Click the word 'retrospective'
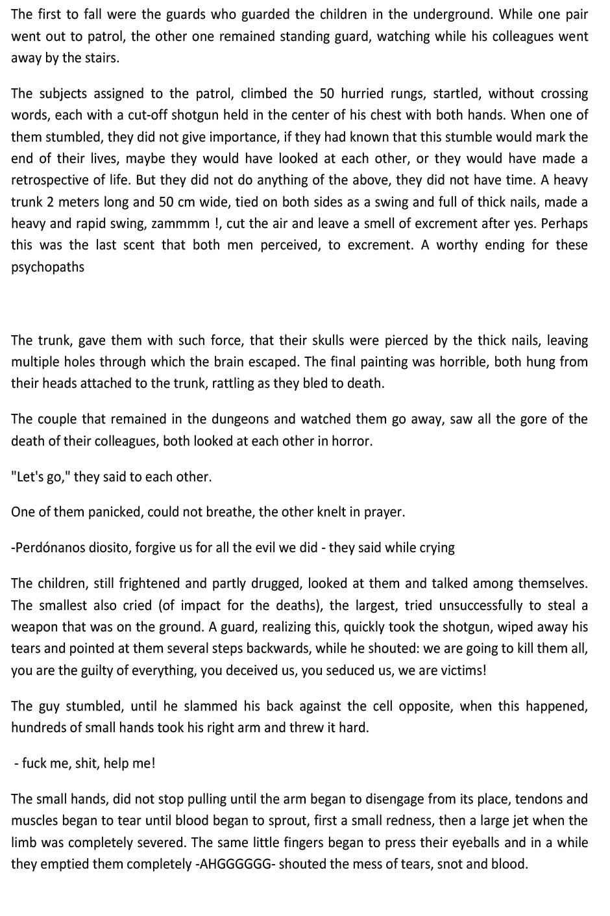point(50,180)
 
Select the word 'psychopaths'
point(47,267)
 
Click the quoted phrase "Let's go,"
point(40,477)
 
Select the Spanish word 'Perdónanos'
point(50,548)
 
